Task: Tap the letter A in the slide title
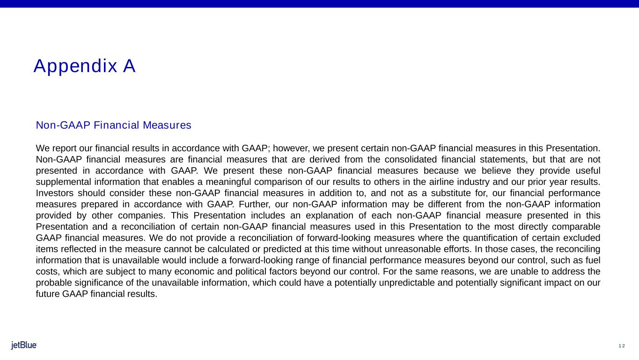point(129,66)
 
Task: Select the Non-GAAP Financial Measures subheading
point(114,125)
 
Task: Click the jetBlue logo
point(24,345)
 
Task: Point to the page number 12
point(622,346)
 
